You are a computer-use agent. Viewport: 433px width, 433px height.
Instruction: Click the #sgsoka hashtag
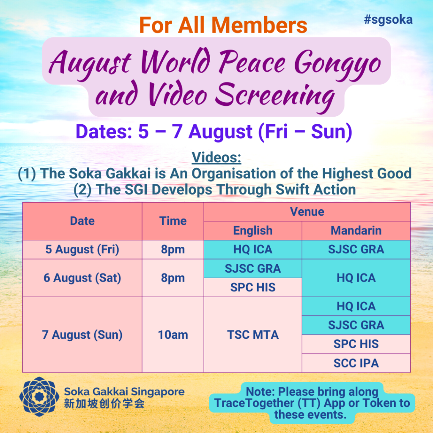click(x=388, y=20)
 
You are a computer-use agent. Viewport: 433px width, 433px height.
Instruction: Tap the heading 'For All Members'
click(x=223, y=25)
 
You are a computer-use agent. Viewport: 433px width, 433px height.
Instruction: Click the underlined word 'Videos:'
click(x=216, y=157)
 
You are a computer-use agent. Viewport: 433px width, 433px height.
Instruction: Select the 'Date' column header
click(x=82, y=221)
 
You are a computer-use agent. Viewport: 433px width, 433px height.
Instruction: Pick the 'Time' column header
click(x=173, y=221)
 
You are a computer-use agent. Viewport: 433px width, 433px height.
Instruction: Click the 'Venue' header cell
click(x=307, y=212)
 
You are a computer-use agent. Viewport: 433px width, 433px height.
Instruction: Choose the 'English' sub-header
click(x=253, y=230)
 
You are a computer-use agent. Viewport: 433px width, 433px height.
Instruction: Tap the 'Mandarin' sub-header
click(x=356, y=230)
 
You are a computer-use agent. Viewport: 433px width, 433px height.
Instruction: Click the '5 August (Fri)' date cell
click(x=82, y=249)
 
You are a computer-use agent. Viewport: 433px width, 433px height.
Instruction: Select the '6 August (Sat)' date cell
click(x=82, y=278)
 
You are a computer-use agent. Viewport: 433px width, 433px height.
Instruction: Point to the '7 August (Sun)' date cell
click(x=82, y=335)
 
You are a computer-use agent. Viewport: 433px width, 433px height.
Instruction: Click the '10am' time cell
click(x=173, y=335)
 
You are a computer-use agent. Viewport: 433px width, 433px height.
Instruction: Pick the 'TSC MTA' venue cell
click(x=253, y=335)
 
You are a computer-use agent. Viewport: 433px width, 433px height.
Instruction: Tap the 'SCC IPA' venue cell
click(x=356, y=363)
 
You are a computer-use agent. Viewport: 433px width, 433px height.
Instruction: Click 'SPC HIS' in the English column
click(x=253, y=288)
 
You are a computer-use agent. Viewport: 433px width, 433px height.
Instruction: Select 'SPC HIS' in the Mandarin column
click(x=356, y=344)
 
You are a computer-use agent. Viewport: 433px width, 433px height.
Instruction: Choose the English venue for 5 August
click(x=253, y=249)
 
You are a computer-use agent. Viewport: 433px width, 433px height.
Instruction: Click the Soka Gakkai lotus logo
click(x=39, y=397)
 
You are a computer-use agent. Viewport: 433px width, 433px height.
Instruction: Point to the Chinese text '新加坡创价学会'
click(x=104, y=404)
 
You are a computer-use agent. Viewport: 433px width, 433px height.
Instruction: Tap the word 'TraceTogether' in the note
click(x=254, y=403)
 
